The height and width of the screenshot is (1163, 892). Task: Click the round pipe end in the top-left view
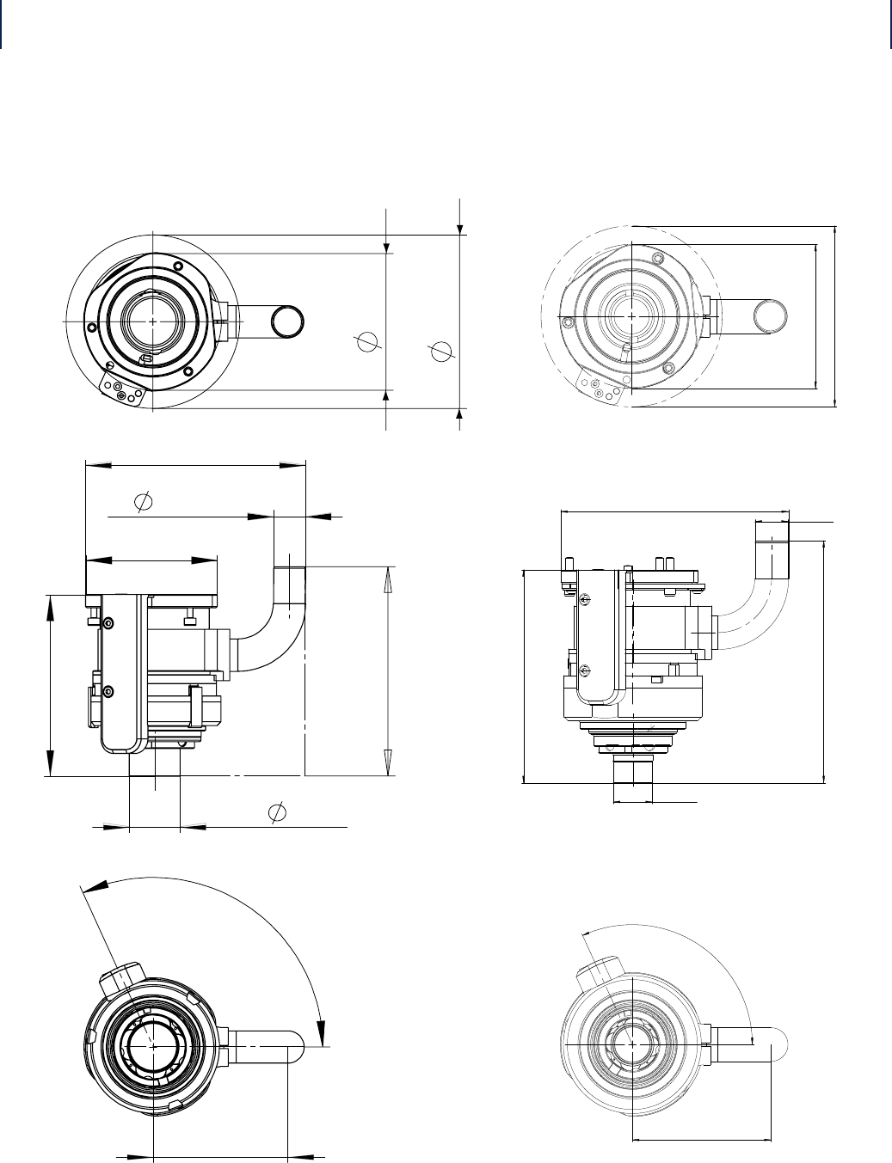click(286, 321)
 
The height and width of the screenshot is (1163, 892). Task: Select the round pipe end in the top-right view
click(770, 316)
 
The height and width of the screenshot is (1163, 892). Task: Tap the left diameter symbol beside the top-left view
click(367, 341)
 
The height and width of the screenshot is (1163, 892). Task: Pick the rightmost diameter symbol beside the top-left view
click(441, 351)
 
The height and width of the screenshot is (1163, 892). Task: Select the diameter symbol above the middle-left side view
click(144, 500)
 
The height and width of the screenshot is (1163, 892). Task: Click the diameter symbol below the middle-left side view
click(277, 811)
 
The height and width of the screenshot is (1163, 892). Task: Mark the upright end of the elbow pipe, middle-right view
click(772, 550)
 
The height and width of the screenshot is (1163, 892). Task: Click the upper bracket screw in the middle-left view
click(108, 622)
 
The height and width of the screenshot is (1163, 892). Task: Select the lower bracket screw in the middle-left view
click(108, 691)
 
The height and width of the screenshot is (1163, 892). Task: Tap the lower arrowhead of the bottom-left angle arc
click(324, 1031)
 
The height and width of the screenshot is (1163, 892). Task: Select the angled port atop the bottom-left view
click(122, 977)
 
